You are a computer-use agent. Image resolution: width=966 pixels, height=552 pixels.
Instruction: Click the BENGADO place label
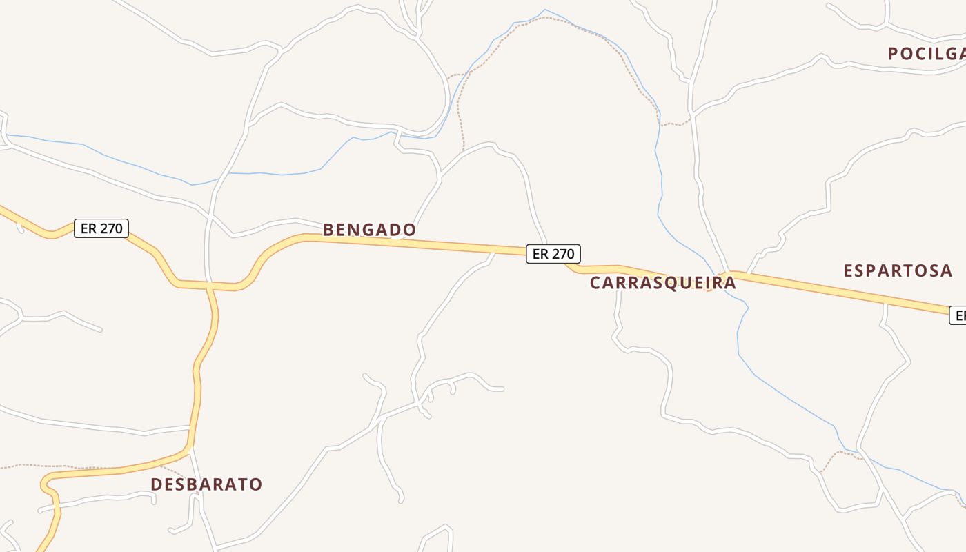coord(369,230)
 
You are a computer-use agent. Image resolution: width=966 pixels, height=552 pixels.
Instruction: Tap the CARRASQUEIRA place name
coord(662,283)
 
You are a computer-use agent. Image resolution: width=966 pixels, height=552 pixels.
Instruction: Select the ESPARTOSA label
coord(898,270)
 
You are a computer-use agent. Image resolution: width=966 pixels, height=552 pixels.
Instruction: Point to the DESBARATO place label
coord(206,484)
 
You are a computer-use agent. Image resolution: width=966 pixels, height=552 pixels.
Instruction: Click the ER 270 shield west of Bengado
coord(101,228)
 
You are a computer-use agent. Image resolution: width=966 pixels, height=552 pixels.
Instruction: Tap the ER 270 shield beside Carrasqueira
coord(553,254)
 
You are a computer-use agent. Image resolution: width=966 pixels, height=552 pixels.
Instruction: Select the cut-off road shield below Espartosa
coord(958,315)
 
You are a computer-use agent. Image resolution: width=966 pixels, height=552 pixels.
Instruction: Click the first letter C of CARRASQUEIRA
coord(595,283)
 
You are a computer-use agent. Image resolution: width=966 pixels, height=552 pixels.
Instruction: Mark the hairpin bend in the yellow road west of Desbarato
coord(45,482)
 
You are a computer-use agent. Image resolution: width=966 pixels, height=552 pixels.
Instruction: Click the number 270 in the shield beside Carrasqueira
coord(563,254)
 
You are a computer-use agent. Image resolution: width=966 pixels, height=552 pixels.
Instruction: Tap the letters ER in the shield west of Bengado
coord(88,228)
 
